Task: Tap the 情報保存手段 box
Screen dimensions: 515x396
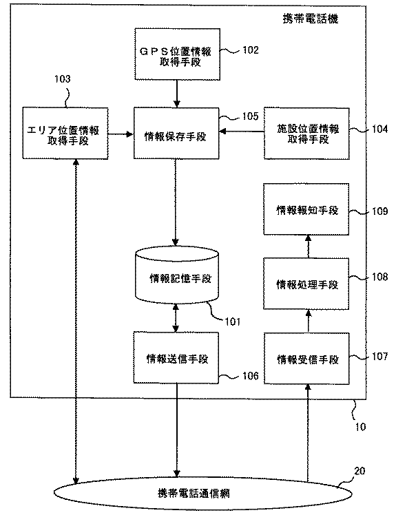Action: pos(176,134)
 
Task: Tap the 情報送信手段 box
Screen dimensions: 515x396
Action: pos(178,359)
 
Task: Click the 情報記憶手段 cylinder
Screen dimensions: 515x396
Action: pos(178,278)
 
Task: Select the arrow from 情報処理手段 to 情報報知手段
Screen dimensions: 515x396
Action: pos(306,246)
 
